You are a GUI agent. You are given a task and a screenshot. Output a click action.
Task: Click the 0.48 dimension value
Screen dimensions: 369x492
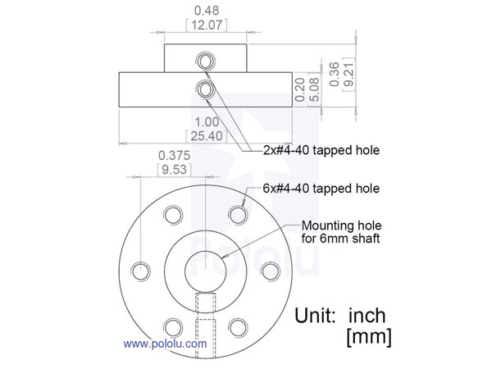205,11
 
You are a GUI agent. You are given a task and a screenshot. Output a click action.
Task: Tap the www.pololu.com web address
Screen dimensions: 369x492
165,344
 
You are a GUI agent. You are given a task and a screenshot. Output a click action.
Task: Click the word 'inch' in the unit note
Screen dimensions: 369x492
367,315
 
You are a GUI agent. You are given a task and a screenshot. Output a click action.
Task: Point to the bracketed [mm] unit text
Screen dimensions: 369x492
368,336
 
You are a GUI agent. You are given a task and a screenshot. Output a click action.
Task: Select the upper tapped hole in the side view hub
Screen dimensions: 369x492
205,61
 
